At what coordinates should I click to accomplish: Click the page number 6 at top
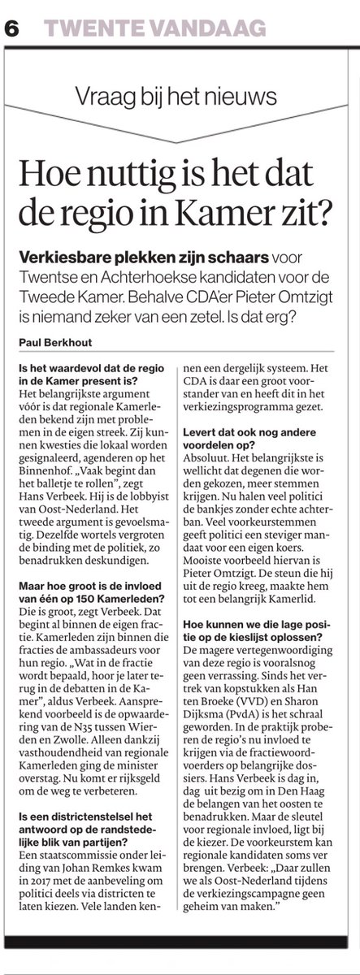coord(14,29)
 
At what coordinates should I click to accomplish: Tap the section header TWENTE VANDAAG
coord(154,29)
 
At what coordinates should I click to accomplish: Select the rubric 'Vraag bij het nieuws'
coord(180,97)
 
